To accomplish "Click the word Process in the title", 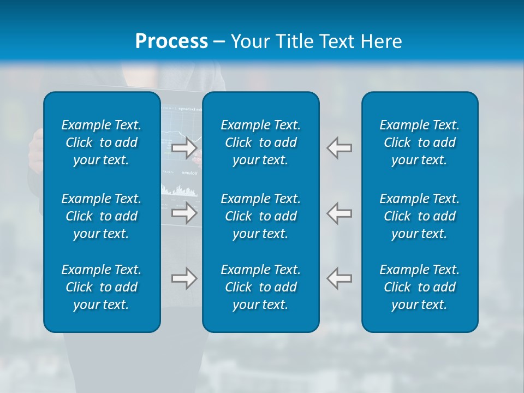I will [x=171, y=41].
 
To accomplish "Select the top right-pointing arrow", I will [x=184, y=148].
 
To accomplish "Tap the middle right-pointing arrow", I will [x=184, y=213].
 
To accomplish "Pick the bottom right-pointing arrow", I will [x=184, y=278].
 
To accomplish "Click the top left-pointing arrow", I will [x=340, y=148].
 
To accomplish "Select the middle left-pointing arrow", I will [x=340, y=213].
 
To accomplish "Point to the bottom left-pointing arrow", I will [x=340, y=278].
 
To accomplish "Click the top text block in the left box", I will [x=102, y=142].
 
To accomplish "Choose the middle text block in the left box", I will [x=102, y=216].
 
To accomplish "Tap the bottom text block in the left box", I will [x=102, y=287].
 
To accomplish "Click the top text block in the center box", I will [x=260, y=142].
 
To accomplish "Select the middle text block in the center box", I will [x=260, y=216].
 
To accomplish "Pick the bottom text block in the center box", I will [x=260, y=287].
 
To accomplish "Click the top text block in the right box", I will [x=419, y=142].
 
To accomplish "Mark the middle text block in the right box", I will [x=419, y=216].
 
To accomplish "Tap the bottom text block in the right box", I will [x=419, y=287].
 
